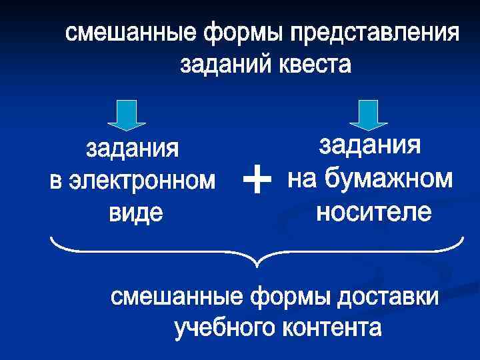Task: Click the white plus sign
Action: pos(257,181)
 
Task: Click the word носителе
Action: pos(373,213)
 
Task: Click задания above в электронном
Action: pos(133,149)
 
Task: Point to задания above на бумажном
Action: pos(370,145)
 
